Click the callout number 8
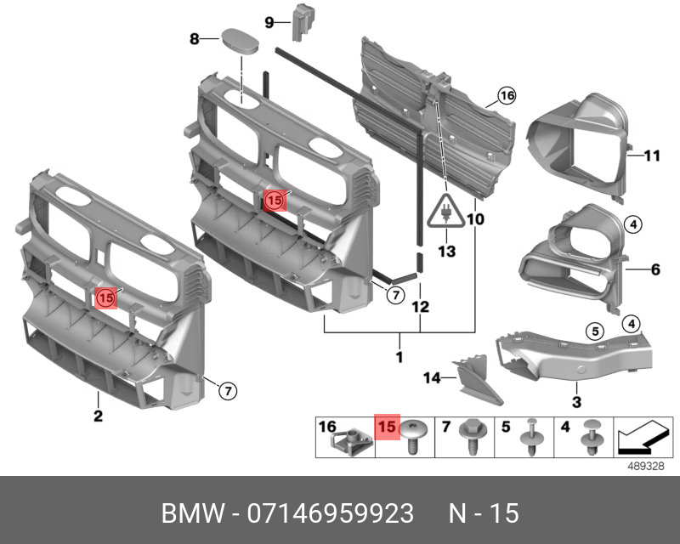(194, 38)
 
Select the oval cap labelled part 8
(240, 41)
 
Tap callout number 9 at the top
(269, 22)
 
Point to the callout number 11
(651, 156)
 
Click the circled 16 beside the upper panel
(507, 96)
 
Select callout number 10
(475, 219)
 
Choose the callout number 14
(431, 377)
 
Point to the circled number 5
(596, 331)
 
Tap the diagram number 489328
(643, 465)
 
